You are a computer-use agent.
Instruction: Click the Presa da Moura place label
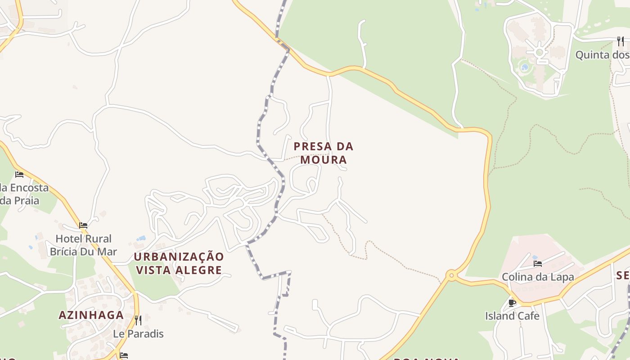tap(323, 153)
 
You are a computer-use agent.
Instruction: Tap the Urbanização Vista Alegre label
tap(179, 263)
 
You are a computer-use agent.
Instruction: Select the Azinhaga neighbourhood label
tap(91, 315)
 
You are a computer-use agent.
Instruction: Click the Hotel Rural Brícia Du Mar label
tap(83, 245)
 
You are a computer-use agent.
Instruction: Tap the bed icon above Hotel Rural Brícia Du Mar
tap(83, 225)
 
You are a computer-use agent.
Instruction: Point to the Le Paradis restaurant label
tap(138, 334)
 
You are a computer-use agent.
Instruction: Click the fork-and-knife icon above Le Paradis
tap(138, 320)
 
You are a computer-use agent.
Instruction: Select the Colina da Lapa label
tap(538, 277)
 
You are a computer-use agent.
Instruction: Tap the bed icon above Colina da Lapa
tap(537, 264)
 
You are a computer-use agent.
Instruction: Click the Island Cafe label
tap(512, 316)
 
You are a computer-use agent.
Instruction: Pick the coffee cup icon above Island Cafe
tap(512, 303)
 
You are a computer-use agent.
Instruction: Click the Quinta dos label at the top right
tap(602, 55)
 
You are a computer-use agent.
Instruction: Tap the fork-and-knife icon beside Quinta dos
tap(621, 41)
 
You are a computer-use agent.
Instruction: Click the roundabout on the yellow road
tap(451, 275)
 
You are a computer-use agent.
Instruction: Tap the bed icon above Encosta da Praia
tap(19, 174)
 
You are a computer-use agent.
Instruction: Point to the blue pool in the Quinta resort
tap(524, 68)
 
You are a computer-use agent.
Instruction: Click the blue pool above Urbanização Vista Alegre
tap(141, 238)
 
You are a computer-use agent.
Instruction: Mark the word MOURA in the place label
tap(324, 160)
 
